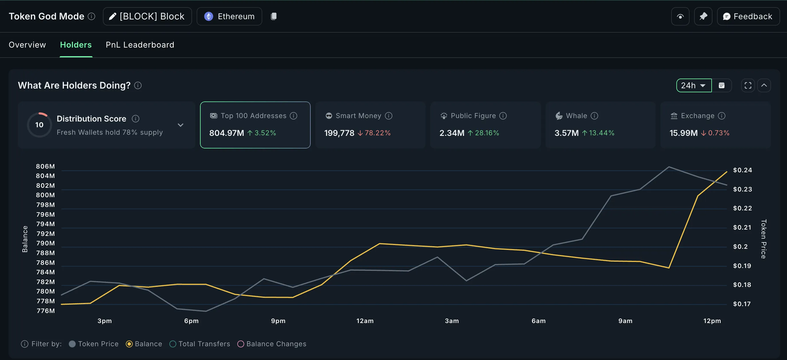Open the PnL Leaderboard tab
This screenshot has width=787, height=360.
click(x=140, y=45)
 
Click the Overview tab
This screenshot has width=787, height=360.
click(x=27, y=45)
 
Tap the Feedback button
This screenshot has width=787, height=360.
click(x=748, y=17)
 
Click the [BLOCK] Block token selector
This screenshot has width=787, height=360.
click(x=147, y=17)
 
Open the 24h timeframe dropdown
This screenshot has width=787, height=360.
click(x=694, y=86)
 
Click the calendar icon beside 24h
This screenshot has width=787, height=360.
click(x=722, y=86)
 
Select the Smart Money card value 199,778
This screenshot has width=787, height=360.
click(x=339, y=133)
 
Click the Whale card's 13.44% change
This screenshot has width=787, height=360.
click(x=601, y=133)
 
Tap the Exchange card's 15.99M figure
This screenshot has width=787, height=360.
click(x=684, y=133)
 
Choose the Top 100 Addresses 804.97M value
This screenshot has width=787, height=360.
click(x=226, y=133)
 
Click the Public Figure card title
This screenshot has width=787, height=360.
click(x=473, y=116)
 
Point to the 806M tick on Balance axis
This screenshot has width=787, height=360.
click(x=45, y=166)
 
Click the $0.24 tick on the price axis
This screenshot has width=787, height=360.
click(x=742, y=170)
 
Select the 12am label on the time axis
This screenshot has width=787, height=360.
click(x=365, y=321)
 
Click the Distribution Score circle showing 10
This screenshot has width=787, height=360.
click(x=40, y=125)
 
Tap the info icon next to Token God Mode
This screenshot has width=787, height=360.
click(x=91, y=17)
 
